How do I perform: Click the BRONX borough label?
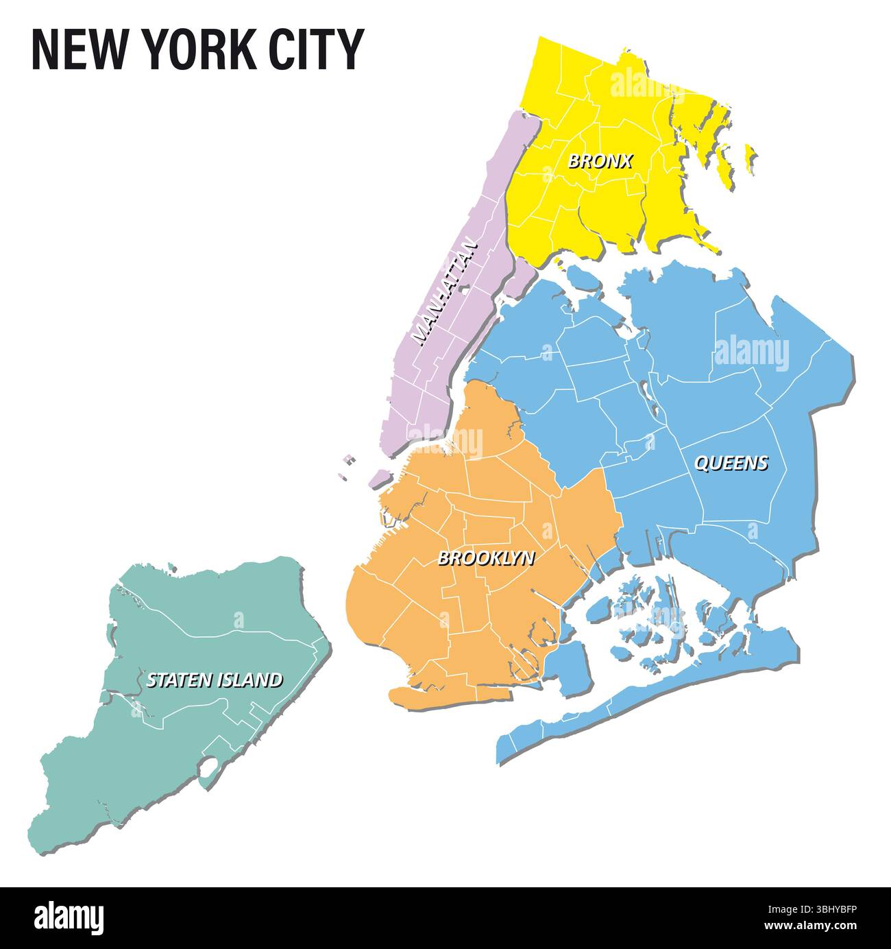click(x=600, y=162)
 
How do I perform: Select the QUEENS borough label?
click(x=731, y=464)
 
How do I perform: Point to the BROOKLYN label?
click(x=486, y=558)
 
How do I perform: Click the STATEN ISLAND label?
click(x=214, y=680)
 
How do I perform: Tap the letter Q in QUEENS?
click(x=702, y=464)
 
